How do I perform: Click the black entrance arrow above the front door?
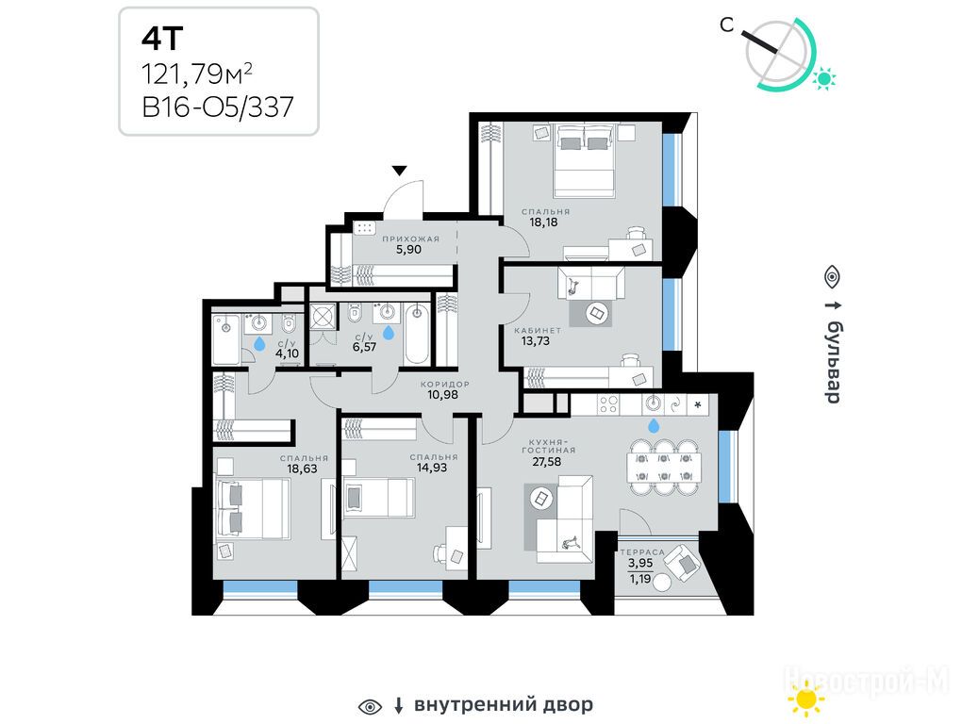(399, 170)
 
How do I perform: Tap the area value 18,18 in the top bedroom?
(544, 222)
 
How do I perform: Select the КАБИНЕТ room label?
(538, 331)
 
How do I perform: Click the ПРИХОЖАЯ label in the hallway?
(410, 239)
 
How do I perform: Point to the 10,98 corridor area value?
(443, 395)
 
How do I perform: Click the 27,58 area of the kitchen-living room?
(547, 462)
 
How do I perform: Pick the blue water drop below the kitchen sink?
(654, 424)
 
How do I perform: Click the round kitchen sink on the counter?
(654, 404)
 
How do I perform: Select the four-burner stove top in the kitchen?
(608, 404)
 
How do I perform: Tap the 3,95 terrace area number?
(639, 563)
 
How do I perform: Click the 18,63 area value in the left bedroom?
(302, 469)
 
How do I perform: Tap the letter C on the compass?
(727, 25)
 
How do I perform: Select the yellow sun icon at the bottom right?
(806, 699)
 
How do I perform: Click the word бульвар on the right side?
(833, 362)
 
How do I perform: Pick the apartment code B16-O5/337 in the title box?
(219, 107)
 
